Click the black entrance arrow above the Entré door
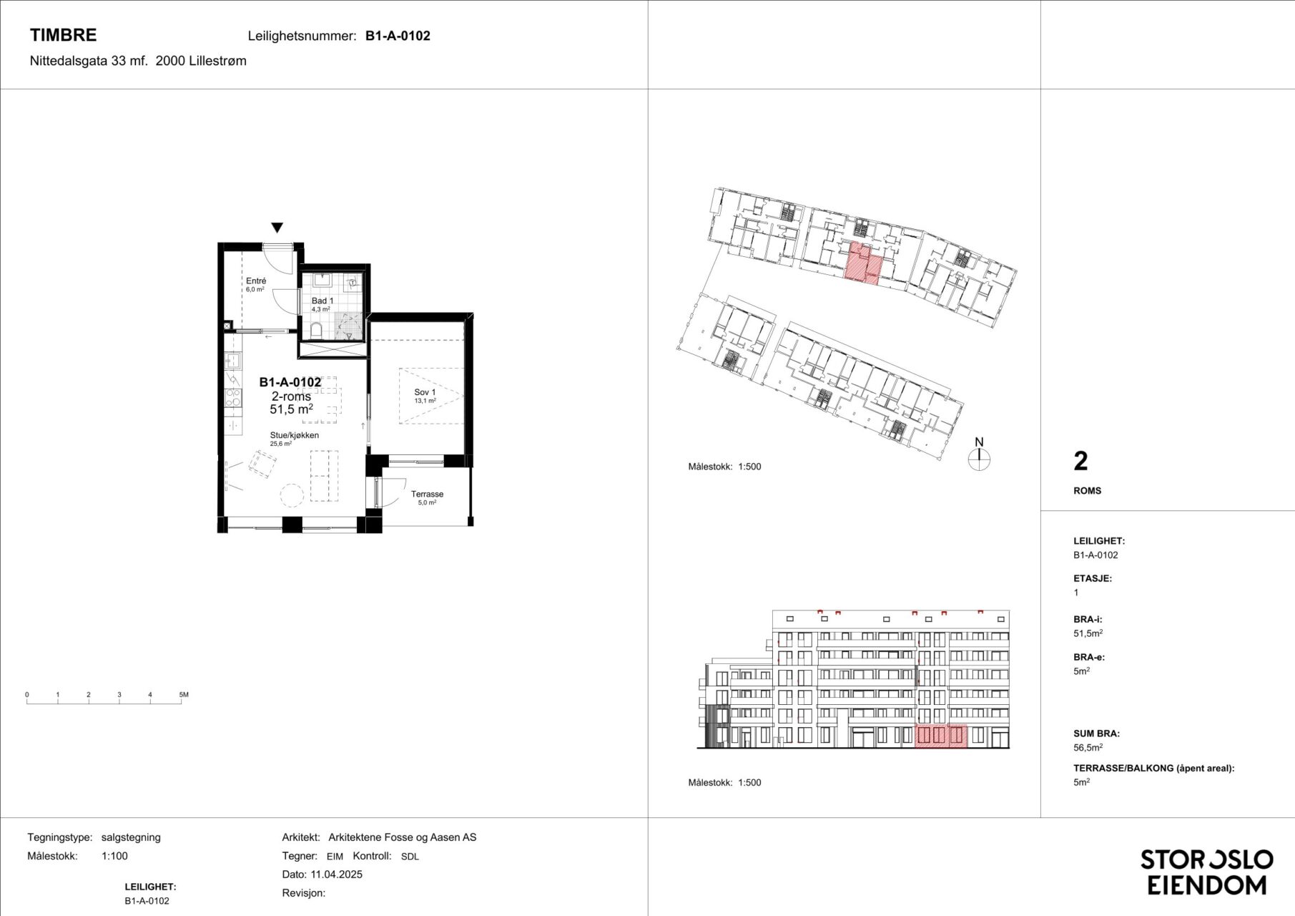pos(277,228)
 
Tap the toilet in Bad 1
pos(316,329)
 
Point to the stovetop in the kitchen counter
pos(233,398)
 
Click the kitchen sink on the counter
pos(232,360)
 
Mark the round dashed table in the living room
pos(292,494)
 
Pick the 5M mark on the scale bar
pos(184,695)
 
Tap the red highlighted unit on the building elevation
pos(941,736)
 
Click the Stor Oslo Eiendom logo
pos(1206,872)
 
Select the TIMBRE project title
pos(63,35)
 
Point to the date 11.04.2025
pos(336,874)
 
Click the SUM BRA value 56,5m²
pos(1088,747)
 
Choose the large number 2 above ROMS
pos(1080,462)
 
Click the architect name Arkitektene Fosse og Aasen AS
pos(402,837)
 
